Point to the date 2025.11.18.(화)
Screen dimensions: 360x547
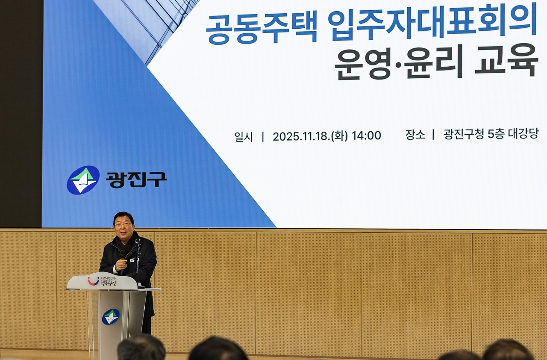310,136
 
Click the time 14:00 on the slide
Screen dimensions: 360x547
366,136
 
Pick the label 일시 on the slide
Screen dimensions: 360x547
244,136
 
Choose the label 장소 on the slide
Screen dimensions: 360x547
415,135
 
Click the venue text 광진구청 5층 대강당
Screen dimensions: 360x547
491,134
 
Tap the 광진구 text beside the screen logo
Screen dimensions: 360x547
136,180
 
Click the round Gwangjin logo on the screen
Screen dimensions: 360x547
83,180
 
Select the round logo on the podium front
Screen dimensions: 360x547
111,316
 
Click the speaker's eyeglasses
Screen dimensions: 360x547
123,224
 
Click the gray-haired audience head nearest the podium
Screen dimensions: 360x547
141,348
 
